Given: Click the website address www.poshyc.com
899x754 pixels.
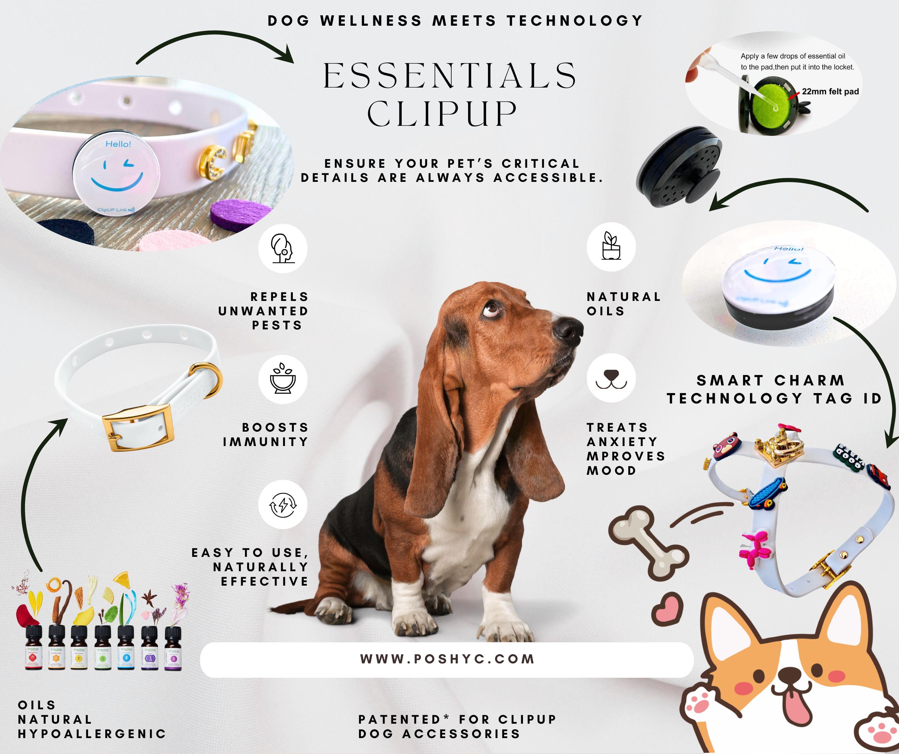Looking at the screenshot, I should point(447,659).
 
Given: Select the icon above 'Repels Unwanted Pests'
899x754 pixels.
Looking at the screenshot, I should point(282,249).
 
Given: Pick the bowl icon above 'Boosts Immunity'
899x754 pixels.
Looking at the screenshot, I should point(282,379).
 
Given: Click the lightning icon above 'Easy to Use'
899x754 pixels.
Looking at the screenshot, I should point(282,505).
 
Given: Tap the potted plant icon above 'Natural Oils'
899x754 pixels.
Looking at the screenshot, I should point(611,246).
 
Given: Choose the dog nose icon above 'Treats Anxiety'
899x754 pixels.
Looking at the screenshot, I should point(611,378).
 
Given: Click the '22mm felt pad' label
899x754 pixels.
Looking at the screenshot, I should point(830,92).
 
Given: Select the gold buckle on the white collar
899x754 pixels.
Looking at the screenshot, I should point(137,426).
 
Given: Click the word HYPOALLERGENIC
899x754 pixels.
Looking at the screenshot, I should point(92,734).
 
